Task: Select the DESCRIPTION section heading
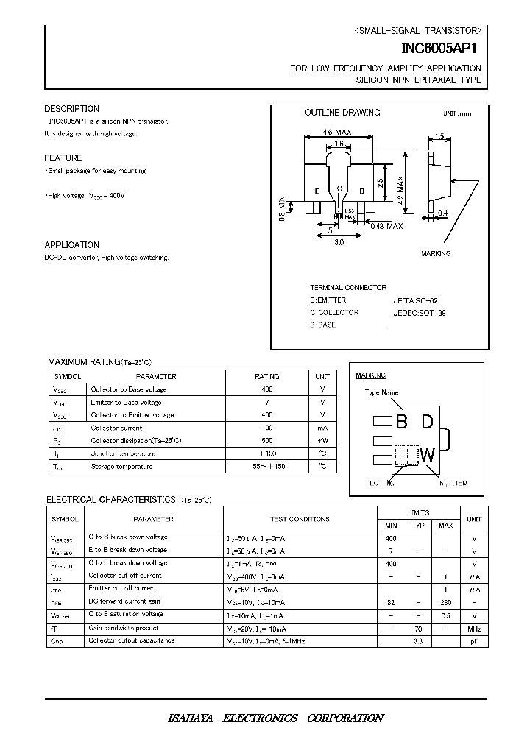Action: click(71, 109)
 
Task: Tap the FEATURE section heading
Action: click(63, 158)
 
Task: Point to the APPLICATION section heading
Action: click(71, 245)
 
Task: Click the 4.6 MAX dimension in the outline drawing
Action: click(337, 133)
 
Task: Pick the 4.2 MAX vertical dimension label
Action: click(402, 189)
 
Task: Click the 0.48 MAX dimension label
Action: click(386, 226)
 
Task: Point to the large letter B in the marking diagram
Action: click(402, 422)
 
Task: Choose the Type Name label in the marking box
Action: click(381, 392)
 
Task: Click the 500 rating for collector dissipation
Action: click(266, 440)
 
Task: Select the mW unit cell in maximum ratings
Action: click(322, 440)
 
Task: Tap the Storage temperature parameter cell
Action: click(121, 467)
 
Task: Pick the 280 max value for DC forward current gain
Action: click(445, 602)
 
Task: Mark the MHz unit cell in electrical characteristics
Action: click(474, 629)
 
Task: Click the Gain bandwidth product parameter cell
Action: click(123, 629)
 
